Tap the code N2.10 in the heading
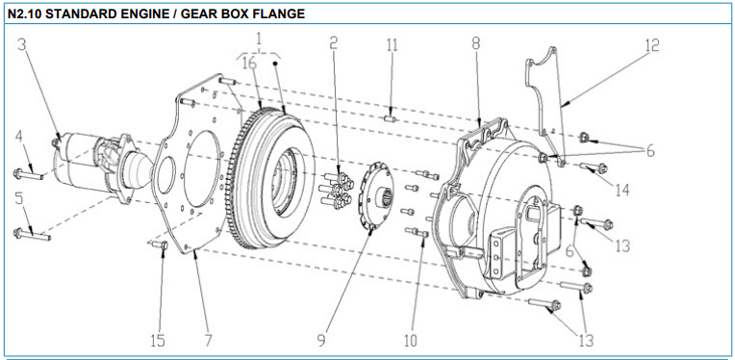coord(24,14)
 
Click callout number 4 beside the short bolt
coord(18,138)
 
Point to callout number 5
coord(18,198)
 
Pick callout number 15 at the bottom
coord(158,341)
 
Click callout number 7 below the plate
coord(208,341)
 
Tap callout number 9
coord(321,341)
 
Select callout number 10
coord(410,341)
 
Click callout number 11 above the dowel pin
coord(392,45)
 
